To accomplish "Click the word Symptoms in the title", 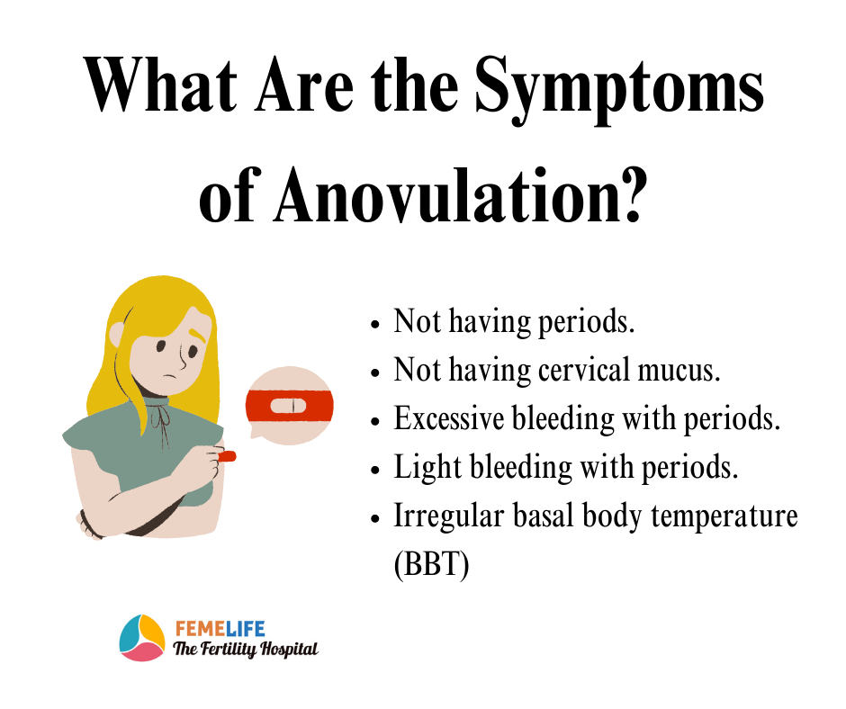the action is [619, 89].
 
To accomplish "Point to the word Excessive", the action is [449, 418].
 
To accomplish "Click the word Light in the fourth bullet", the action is [427, 467].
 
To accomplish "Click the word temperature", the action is [724, 516].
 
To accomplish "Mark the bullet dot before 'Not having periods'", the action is [375, 324].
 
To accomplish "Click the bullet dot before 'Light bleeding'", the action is [375, 470].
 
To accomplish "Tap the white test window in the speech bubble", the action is [288, 406].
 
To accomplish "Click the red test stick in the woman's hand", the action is [227, 456].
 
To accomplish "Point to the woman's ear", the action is [117, 335].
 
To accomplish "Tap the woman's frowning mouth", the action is [170, 376].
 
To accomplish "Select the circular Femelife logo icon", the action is [142, 638].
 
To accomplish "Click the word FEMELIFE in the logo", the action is [220, 629].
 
